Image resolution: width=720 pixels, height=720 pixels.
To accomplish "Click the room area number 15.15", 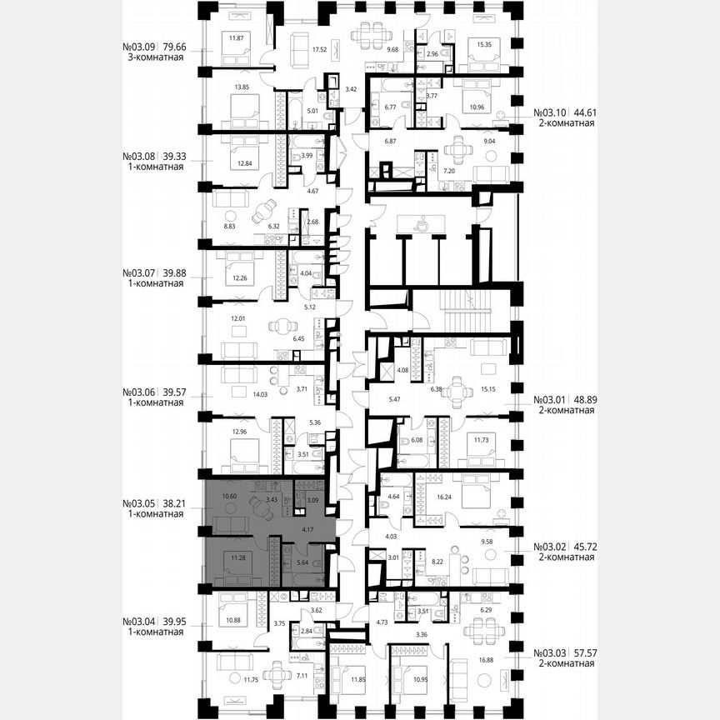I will (487, 387).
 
